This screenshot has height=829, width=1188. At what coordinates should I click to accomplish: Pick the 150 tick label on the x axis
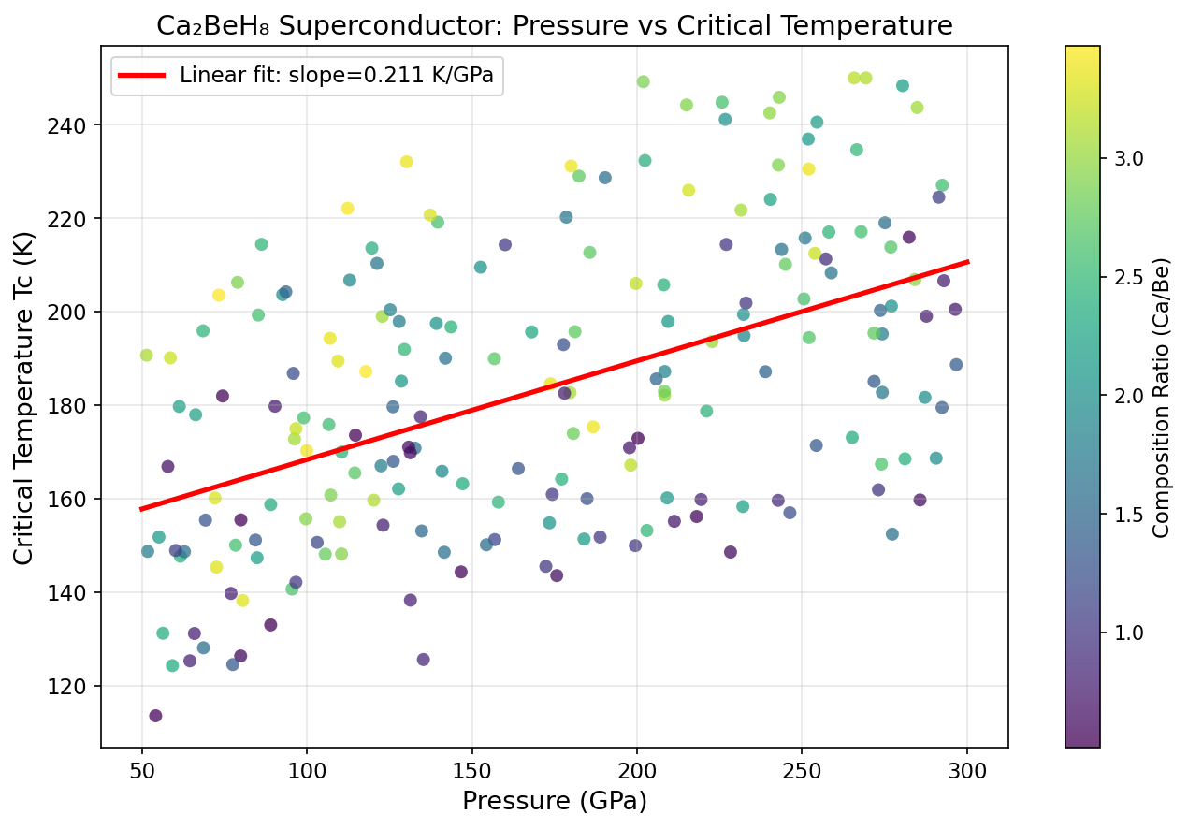[x=471, y=766]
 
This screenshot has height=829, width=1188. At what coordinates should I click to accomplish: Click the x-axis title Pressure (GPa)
[x=554, y=801]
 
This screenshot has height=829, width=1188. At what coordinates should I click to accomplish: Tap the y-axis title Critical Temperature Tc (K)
[x=26, y=397]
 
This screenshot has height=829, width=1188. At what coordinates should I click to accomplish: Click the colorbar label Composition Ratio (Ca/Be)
[x=1161, y=397]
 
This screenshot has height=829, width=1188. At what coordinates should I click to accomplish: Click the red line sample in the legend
[x=141, y=76]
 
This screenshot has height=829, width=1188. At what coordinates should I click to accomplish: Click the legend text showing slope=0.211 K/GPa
[x=337, y=76]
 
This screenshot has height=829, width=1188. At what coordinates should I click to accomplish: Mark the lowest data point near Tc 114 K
[x=155, y=716]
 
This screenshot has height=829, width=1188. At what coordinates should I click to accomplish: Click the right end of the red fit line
[x=967, y=262]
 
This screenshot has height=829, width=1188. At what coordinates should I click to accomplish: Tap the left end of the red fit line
[x=142, y=509]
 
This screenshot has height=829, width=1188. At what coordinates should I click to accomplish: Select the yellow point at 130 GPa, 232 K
[x=406, y=162]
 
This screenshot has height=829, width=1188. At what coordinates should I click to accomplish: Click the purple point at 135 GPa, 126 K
[x=423, y=660]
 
